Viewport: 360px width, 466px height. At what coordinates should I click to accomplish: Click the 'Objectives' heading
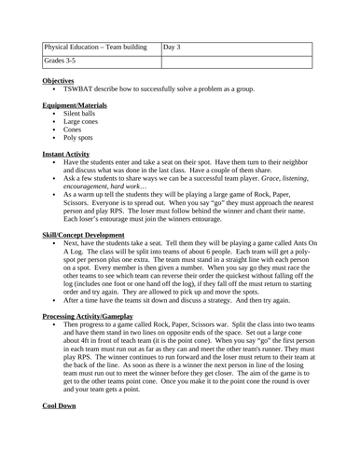tap(61, 82)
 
